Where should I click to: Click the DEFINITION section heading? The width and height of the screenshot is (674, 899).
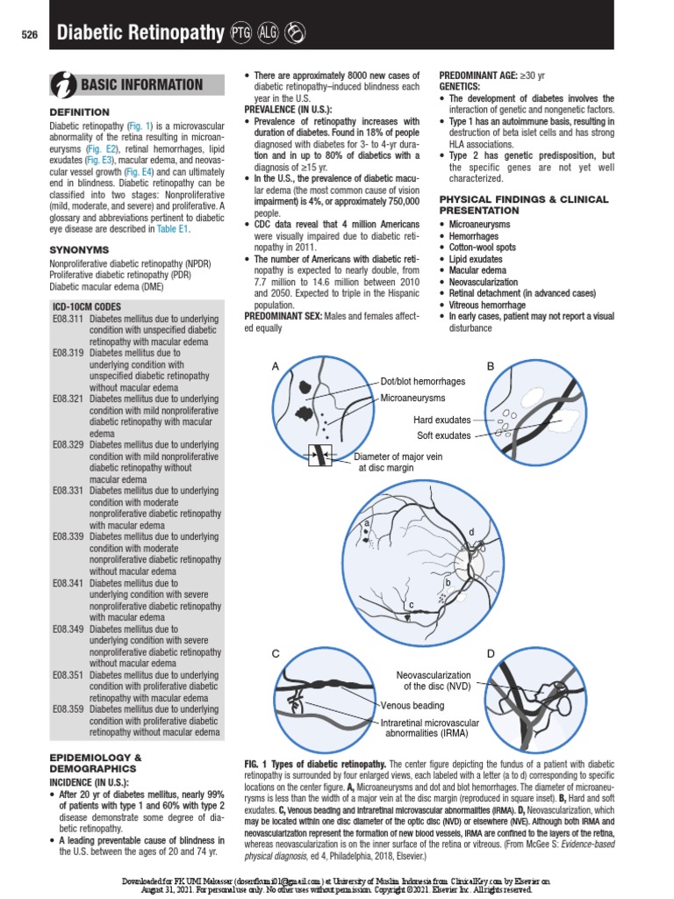79,112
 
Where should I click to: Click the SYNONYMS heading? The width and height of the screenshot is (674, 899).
79,249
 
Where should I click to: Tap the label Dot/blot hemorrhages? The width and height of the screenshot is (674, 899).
422,382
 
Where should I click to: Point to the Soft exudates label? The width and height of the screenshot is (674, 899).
443,435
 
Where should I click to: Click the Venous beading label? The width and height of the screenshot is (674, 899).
412,705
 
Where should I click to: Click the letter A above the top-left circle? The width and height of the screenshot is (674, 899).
275,365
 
